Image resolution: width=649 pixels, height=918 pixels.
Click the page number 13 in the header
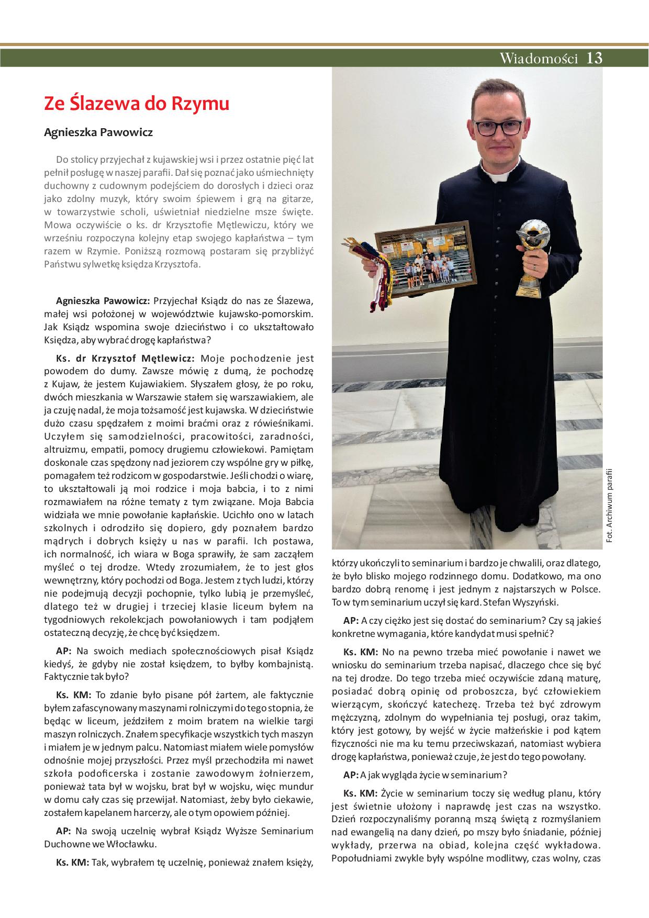pos(595,58)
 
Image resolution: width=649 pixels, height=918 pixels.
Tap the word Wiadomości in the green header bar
pos(539,58)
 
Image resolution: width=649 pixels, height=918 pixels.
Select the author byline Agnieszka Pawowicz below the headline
pos(98,132)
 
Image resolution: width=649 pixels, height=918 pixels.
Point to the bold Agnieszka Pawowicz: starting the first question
pos(103,301)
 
